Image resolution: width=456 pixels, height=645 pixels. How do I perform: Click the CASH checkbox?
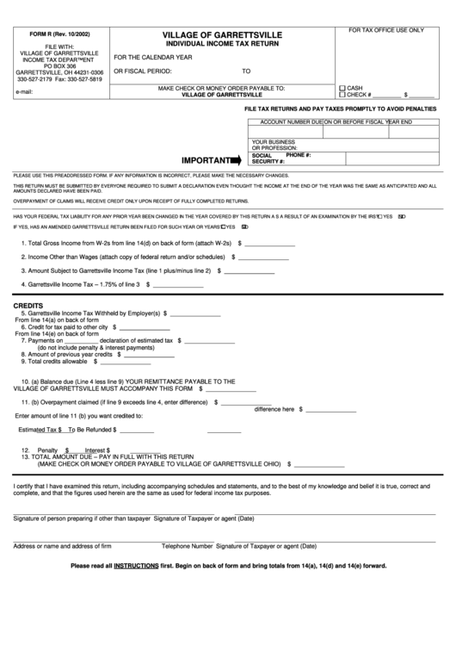click(x=342, y=88)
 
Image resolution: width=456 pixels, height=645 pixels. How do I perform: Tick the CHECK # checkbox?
click(x=342, y=95)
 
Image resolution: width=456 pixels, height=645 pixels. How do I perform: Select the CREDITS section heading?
click(x=28, y=306)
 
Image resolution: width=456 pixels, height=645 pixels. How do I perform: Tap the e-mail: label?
click(x=24, y=90)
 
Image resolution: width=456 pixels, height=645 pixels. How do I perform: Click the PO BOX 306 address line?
click(x=60, y=65)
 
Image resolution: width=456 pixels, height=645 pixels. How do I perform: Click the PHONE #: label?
click(x=298, y=155)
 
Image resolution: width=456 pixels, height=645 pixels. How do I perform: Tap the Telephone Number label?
click(x=187, y=546)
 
